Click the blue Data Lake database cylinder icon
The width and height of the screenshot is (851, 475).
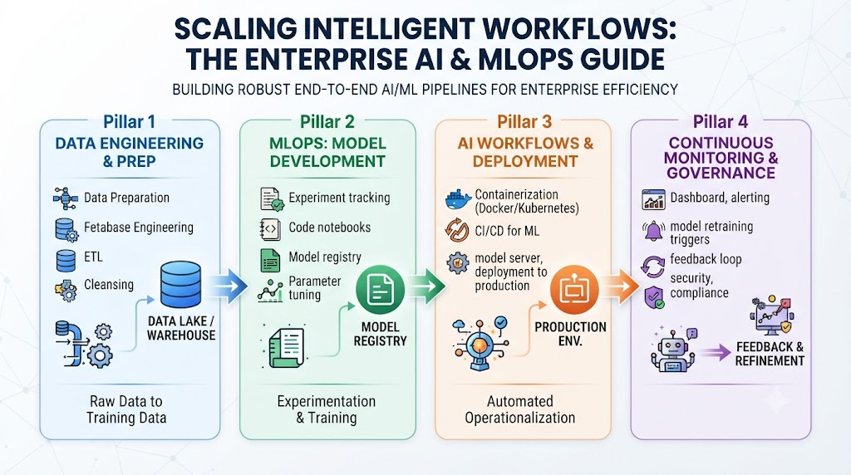pyautogui.click(x=180, y=285)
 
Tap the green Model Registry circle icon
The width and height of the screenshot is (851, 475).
pyautogui.click(x=380, y=289)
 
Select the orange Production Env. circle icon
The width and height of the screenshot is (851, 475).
pyautogui.click(x=573, y=290)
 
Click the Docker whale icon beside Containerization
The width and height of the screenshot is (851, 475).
pyautogui.click(x=458, y=200)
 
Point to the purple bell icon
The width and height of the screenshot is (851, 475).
pyautogui.click(x=653, y=232)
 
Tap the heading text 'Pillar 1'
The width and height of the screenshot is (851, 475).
pyautogui.click(x=129, y=122)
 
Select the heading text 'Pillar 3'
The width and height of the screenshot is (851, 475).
pyautogui.click(x=524, y=122)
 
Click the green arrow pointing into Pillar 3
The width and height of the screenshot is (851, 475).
pyautogui.click(x=426, y=285)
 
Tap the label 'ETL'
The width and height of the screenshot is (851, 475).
pyautogui.click(x=93, y=257)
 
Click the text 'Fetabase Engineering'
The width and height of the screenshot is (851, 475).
pyautogui.click(x=139, y=228)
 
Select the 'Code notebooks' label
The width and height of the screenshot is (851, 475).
pyautogui.click(x=329, y=228)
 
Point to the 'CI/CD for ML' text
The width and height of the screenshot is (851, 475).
pyautogui.click(x=507, y=231)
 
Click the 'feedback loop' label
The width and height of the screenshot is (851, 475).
pyautogui.click(x=706, y=259)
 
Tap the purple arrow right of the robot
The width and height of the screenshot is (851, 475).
pyautogui.click(x=716, y=353)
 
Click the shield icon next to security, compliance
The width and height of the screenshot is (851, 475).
pyautogui.click(x=653, y=297)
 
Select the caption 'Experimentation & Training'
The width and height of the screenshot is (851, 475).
pyautogui.click(x=326, y=409)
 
